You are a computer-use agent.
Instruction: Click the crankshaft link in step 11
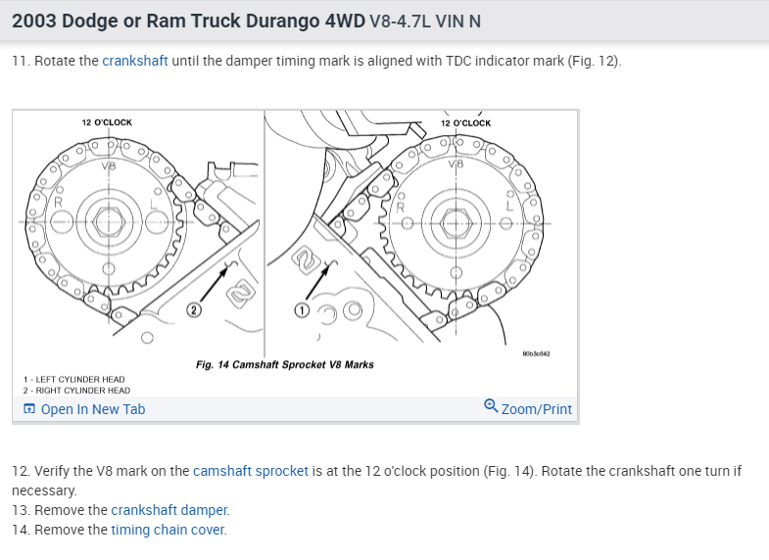(135, 61)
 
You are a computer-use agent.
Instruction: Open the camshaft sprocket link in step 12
(251, 471)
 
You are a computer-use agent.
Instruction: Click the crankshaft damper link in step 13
(169, 510)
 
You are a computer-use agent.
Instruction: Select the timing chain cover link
(168, 530)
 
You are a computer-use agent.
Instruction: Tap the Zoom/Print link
(528, 408)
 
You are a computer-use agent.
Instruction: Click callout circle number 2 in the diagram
(194, 310)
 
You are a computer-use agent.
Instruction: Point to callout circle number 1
(303, 310)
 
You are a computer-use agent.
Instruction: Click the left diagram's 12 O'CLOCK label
(107, 122)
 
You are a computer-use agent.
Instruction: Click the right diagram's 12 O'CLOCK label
(465, 123)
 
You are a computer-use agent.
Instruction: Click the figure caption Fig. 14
(284, 365)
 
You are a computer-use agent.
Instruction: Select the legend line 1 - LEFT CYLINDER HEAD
(74, 379)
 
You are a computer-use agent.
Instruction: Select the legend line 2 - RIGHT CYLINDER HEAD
(76, 390)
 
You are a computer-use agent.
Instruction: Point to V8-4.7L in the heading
(403, 22)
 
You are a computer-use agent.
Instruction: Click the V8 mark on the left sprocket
(108, 165)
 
